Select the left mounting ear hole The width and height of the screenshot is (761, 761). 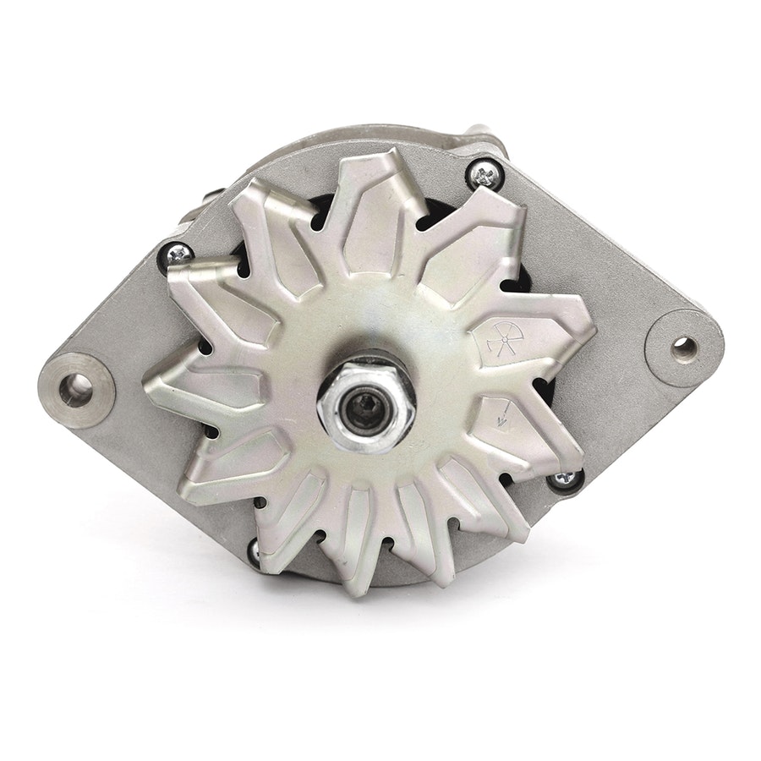pyautogui.click(x=80, y=386)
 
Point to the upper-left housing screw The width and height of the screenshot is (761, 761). pyautogui.click(x=180, y=251)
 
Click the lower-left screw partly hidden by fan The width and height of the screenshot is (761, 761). pyautogui.click(x=254, y=550)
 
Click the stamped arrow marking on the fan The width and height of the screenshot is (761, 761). pyautogui.click(x=505, y=415)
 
